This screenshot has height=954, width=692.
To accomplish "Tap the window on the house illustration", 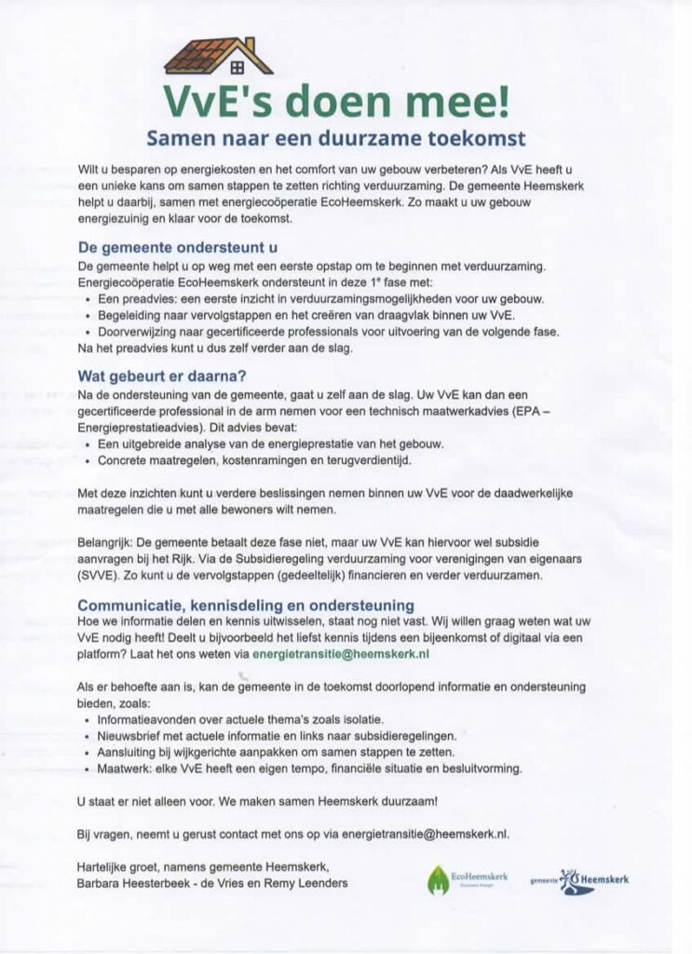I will tap(237, 66).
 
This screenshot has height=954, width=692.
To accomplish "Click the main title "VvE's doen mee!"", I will tap(336, 101).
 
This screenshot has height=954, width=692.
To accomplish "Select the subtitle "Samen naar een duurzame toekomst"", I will tap(336, 140).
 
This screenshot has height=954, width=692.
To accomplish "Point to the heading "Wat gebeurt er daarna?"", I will tap(161, 377).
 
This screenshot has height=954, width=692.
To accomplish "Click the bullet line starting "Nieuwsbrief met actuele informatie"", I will tap(276, 735).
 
